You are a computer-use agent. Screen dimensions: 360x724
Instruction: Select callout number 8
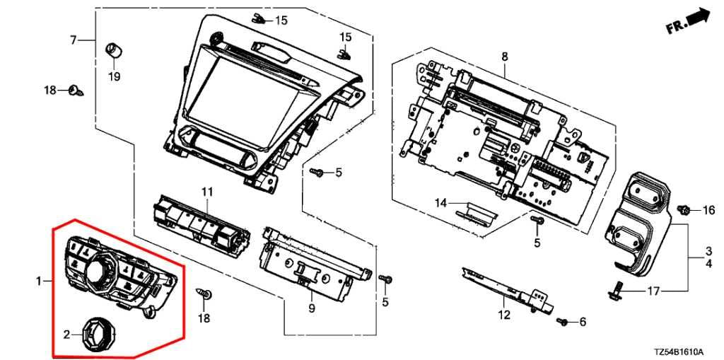coord(504,55)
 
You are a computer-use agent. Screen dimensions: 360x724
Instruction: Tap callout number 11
coord(206,192)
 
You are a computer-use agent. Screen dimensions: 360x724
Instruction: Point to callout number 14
coord(441,203)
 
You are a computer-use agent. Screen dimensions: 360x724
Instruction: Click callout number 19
coord(114,76)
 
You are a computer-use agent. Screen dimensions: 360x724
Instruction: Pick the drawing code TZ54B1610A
coord(678,352)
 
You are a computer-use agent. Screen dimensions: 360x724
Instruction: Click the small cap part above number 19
coord(112,50)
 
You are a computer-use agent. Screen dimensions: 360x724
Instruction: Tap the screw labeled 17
coord(616,289)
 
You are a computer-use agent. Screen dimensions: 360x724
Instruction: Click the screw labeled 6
coord(562,322)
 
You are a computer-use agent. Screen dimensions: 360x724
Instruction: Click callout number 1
coord(39,281)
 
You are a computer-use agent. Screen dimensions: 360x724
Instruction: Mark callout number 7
coord(73,40)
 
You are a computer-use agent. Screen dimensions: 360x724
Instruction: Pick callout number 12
coord(503,315)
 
